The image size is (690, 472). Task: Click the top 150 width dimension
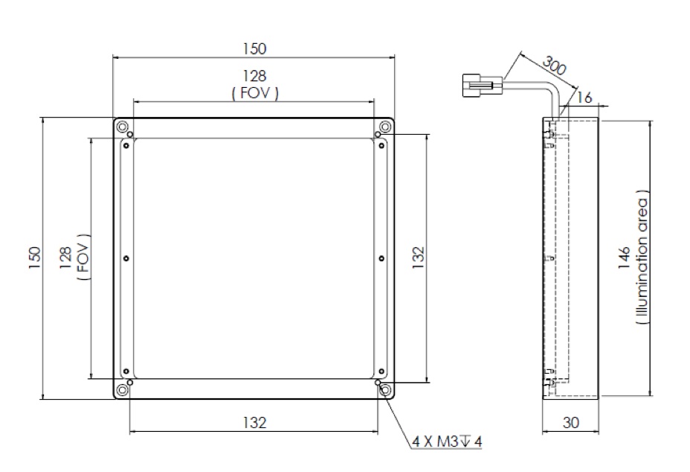pos(254,48)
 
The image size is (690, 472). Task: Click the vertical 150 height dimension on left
pos(35,257)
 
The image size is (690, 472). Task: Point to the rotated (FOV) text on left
pos(83,257)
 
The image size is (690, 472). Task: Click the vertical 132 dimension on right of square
pos(418,257)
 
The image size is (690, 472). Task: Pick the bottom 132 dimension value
pos(254,423)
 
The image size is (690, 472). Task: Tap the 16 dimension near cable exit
pos(583,98)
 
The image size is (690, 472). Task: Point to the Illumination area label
pos(642,257)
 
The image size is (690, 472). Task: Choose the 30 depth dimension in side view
pos(570,422)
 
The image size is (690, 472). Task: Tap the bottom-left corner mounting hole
pos(122,389)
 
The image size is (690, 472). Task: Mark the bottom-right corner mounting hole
pos(384,389)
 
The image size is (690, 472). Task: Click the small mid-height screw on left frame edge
pos(126,258)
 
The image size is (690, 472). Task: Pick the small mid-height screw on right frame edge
pos(381,258)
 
